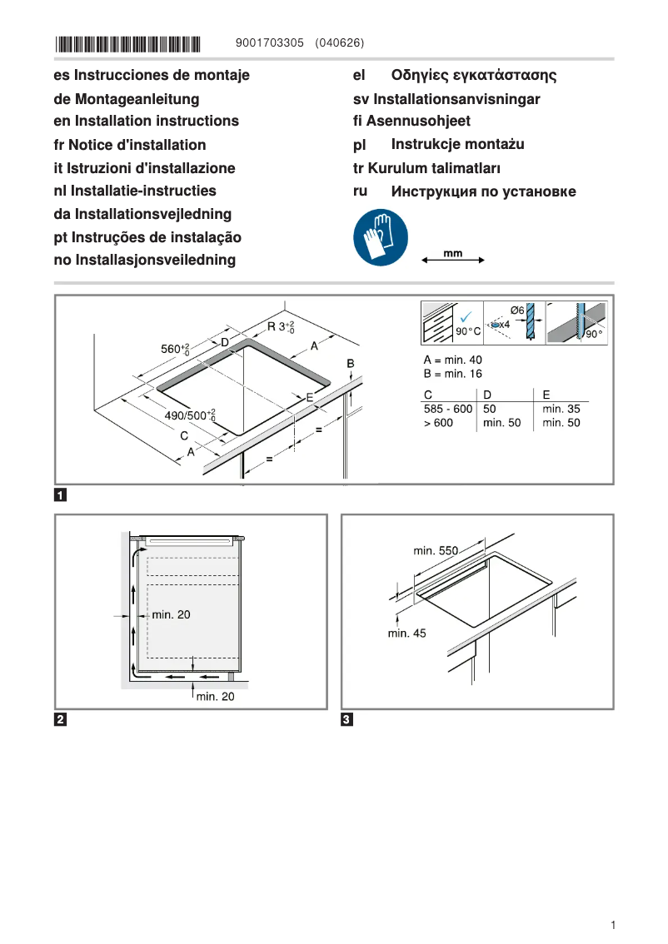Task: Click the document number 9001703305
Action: (x=270, y=43)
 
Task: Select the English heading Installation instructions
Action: (x=146, y=121)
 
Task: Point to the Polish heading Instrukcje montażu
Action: (x=457, y=144)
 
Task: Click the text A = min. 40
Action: (x=452, y=360)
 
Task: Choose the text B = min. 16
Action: (x=452, y=374)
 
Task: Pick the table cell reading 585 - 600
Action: (x=448, y=409)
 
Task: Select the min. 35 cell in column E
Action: (x=561, y=409)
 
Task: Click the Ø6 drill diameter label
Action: (x=516, y=311)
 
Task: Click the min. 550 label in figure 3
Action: (x=436, y=551)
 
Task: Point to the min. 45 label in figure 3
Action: (x=406, y=633)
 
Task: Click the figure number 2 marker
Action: (x=61, y=719)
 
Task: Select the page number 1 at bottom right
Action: (x=612, y=925)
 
